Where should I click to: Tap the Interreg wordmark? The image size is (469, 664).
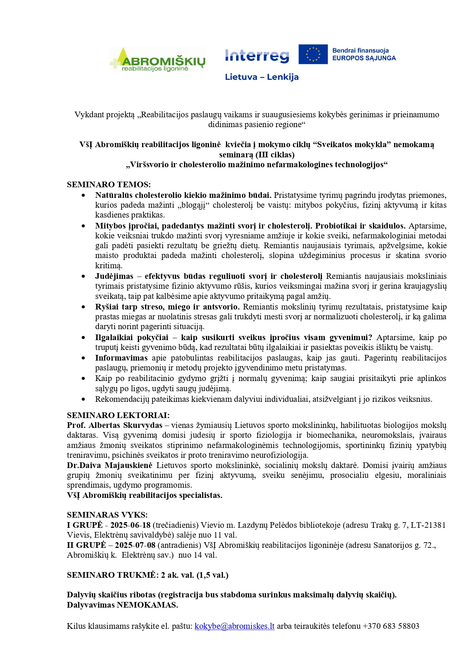pyautogui.click(x=257, y=56)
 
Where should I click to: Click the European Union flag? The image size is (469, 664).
pyautogui.click(x=313, y=54)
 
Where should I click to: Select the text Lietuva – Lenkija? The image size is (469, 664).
pyautogui.click(x=262, y=77)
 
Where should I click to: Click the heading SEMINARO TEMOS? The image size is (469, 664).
pyautogui.click(x=109, y=185)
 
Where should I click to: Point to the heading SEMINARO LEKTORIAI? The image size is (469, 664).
pyautogui.click(x=118, y=415)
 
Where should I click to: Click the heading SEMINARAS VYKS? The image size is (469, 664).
pyautogui.click(x=107, y=515)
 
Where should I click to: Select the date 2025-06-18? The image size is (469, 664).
pyautogui.click(x=130, y=525)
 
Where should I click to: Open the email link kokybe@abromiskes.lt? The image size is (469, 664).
pyautogui.click(x=234, y=626)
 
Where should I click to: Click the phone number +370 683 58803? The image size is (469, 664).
pyautogui.click(x=391, y=626)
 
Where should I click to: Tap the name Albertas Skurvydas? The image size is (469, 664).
pyautogui.click(x=125, y=425)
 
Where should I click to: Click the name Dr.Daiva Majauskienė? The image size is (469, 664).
pyautogui.click(x=110, y=465)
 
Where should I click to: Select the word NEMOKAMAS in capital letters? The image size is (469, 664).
pyautogui.click(x=147, y=605)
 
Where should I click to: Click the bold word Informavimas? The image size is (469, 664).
pyautogui.click(x=121, y=358)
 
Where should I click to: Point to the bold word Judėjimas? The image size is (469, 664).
pyautogui.click(x=114, y=276)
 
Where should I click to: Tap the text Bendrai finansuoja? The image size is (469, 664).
pyautogui.click(x=361, y=50)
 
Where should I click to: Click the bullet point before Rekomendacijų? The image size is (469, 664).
pyautogui.click(x=84, y=399)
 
